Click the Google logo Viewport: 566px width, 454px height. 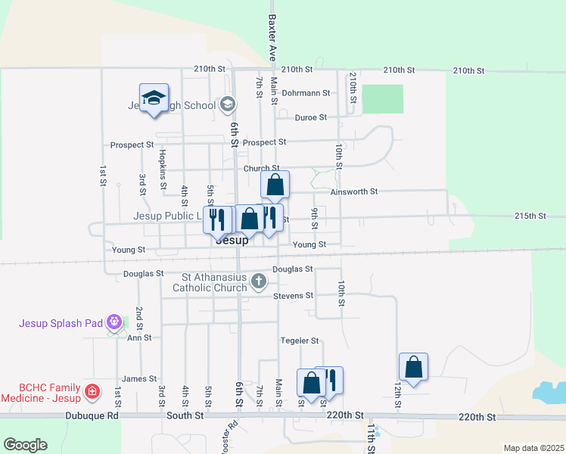coord(25,445)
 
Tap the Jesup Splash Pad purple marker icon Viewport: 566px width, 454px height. coord(114,322)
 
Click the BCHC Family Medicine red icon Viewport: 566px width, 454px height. coord(92,391)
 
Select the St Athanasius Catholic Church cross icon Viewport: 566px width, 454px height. coord(259,282)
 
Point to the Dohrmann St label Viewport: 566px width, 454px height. coord(306,93)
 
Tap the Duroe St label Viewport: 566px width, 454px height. coord(310,117)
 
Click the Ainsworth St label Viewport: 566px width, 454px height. coord(353,192)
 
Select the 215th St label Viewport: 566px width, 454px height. coord(530,216)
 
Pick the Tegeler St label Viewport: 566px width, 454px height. coord(300,341)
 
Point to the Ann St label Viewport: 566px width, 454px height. coord(139,337)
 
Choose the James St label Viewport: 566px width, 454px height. coord(139,378)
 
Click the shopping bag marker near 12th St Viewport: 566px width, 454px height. coord(413,367)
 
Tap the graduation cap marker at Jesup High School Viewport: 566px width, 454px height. coord(154,98)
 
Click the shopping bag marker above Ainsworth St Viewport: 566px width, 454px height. coord(275,184)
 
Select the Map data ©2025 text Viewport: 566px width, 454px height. coord(533,448)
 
